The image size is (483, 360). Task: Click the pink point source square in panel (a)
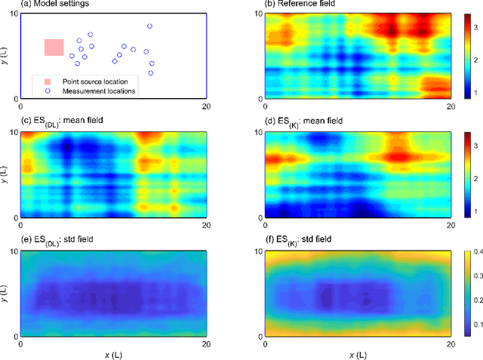click(54, 48)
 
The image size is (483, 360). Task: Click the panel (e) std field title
click(51, 241)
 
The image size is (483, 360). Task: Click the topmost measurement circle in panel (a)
click(149, 26)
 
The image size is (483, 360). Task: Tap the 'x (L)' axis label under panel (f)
click(357, 354)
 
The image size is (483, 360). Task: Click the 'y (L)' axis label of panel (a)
click(5, 56)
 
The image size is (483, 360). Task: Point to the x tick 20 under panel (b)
click(451, 107)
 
